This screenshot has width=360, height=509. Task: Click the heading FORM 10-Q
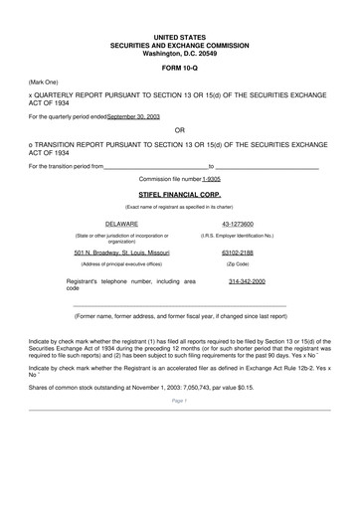[x=179, y=67]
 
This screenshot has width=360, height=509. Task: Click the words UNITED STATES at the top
[x=179, y=36]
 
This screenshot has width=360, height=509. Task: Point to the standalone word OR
[x=179, y=129]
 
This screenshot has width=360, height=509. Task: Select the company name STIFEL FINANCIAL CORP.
[x=179, y=195]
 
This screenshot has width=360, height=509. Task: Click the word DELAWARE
[x=122, y=224]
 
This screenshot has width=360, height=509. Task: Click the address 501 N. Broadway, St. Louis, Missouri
[x=122, y=253]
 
